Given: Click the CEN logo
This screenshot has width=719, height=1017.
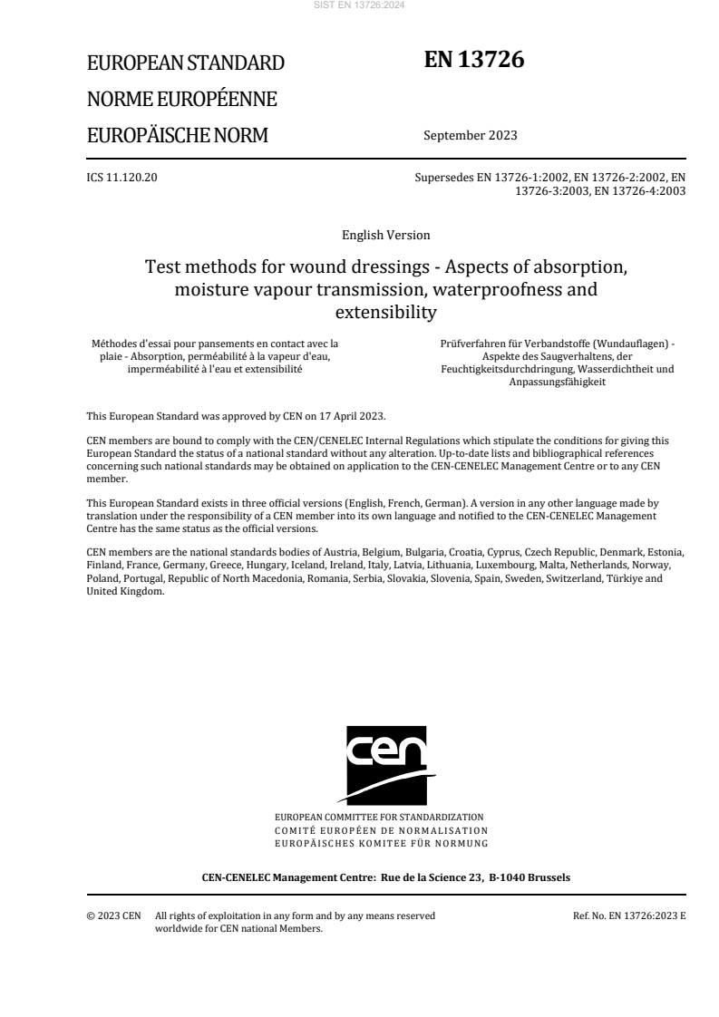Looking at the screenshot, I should [x=386, y=763].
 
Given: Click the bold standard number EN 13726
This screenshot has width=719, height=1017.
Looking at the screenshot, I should [x=474, y=60].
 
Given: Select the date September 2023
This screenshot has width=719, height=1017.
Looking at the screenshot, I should [x=470, y=136].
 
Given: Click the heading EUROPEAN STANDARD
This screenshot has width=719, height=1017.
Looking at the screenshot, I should [x=185, y=63].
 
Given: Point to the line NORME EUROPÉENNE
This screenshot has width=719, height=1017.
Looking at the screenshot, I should [x=181, y=99].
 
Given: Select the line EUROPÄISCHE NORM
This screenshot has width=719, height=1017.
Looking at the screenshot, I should [x=177, y=136].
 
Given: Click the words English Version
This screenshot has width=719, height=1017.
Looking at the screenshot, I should [x=385, y=236].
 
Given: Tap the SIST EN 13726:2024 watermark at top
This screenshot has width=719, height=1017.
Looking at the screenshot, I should [x=360, y=5].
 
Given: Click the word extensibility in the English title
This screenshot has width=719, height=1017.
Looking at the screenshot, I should [x=386, y=314].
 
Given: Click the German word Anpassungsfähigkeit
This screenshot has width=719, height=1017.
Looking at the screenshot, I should [x=557, y=383].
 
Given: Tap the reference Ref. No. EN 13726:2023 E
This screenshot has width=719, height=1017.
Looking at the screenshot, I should [x=629, y=915].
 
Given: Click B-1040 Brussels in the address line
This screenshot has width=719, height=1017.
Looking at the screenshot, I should [x=533, y=877].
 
